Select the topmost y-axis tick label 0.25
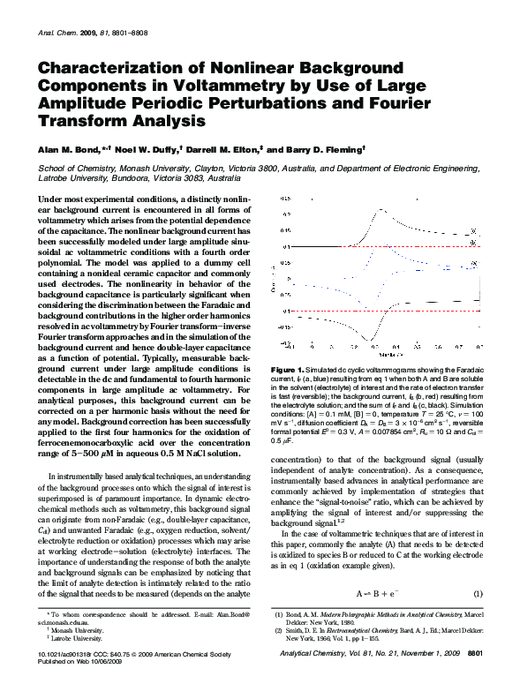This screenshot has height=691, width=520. pyautogui.click(x=286, y=199)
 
